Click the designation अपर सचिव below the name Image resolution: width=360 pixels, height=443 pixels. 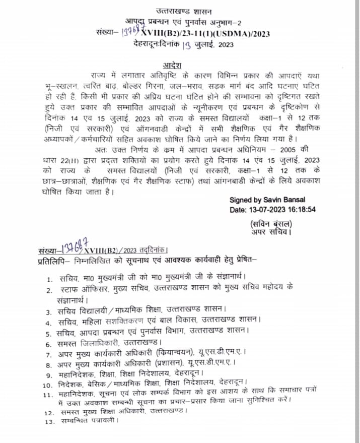pyautogui.click(x=271, y=232)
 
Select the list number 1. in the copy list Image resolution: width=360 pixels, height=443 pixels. pyautogui.click(x=50, y=279)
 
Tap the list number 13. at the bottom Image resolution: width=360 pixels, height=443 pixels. pyautogui.click(x=49, y=421)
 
